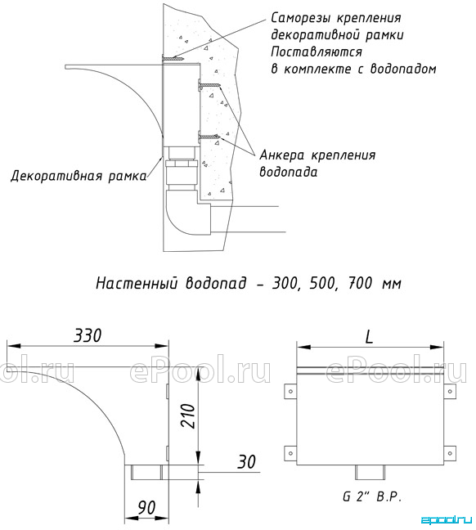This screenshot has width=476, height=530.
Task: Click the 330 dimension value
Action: coord(88,335)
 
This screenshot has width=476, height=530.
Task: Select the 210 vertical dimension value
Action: coord(188,415)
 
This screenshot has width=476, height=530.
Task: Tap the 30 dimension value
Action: coord(246,462)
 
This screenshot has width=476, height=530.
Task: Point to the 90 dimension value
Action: coord(146,507)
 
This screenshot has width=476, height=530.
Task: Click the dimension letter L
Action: coord(369,336)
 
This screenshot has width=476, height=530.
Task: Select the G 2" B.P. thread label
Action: coord(372,497)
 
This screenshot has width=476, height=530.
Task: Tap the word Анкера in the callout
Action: coord(281,155)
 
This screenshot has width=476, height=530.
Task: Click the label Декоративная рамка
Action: coord(79,176)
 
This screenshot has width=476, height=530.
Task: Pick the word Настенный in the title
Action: coord(137,283)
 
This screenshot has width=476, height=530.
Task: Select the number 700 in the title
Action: coord(361,282)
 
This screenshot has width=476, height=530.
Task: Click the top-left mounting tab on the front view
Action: coord(290,392)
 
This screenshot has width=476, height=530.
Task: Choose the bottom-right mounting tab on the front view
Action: coord(449,453)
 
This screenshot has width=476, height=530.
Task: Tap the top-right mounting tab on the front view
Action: coord(449,392)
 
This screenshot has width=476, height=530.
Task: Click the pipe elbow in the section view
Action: coord(188,213)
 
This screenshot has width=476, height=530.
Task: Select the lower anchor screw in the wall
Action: coord(209,137)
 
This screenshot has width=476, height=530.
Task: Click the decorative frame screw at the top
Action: coord(173,60)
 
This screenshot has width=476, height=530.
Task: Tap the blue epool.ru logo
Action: coord(447,520)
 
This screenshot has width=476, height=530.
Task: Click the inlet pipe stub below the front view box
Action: coord(370,472)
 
